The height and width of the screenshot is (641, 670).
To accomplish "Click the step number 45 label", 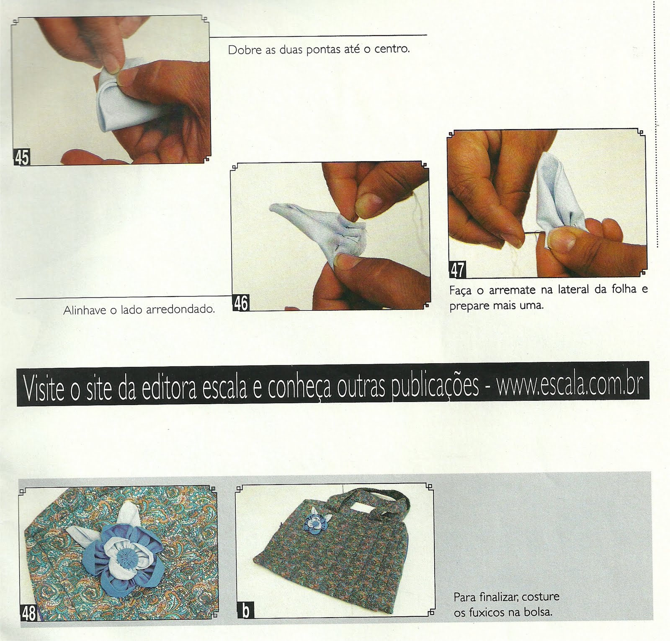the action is coord(22,157).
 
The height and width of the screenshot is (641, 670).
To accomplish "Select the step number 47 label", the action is coord(457,270).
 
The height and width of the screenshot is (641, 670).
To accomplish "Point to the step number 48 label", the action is coord(28,613).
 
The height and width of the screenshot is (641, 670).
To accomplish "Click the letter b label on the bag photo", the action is coord(245,610).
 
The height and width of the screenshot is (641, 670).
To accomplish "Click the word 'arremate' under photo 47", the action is coord(512,290).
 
